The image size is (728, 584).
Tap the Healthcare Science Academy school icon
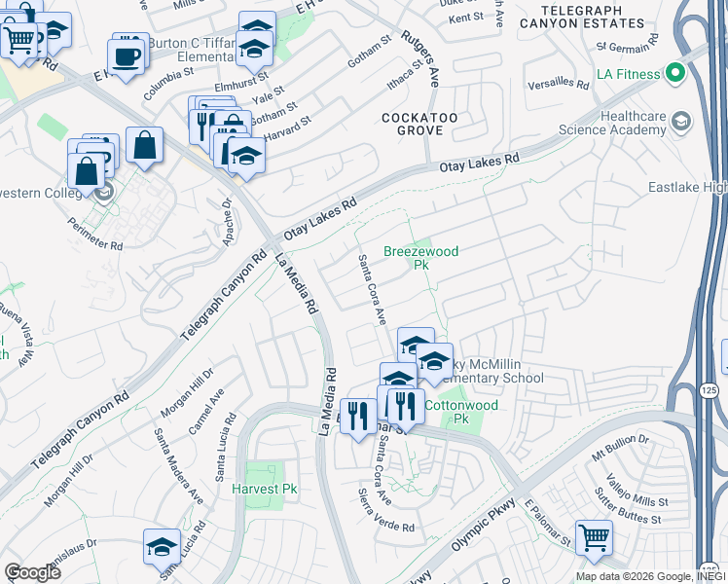click(x=680, y=121)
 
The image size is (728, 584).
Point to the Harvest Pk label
click(x=264, y=489)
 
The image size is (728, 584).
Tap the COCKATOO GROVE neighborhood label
click(x=419, y=125)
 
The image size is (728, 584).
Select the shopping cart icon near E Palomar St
click(x=594, y=537)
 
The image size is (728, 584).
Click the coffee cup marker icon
click(x=126, y=55)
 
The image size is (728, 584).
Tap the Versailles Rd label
click(x=559, y=85)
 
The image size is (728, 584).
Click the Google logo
click(x=32, y=571)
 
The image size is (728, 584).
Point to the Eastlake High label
click(x=687, y=187)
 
